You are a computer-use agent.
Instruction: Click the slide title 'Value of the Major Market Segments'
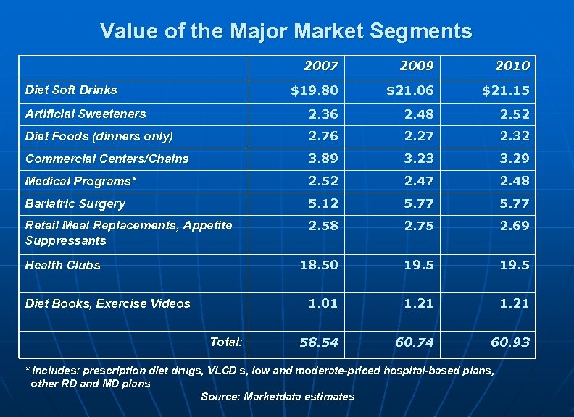(x=286, y=31)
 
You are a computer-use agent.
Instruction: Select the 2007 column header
(x=321, y=66)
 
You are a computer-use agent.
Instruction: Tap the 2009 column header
(x=417, y=66)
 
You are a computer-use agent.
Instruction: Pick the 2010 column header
(x=512, y=66)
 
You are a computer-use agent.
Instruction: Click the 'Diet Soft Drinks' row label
(x=71, y=90)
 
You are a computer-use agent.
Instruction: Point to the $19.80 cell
(x=314, y=90)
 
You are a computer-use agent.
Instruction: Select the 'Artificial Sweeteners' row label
(x=86, y=114)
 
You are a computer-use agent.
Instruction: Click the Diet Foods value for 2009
(x=419, y=136)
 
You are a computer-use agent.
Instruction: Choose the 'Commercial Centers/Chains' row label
(x=107, y=159)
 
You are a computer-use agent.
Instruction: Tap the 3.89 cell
(x=323, y=159)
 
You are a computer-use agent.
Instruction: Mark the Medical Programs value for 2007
(x=323, y=181)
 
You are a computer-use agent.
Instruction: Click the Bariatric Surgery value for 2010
(x=515, y=203)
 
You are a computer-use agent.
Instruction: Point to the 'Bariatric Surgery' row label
(x=75, y=204)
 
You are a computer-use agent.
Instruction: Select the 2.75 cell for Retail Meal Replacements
(x=419, y=226)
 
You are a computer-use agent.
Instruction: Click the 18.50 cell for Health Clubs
(x=320, y=265)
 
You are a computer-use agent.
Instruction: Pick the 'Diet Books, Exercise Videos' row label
(x=107, y=303)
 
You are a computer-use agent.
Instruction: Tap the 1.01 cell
(x=323, y=303)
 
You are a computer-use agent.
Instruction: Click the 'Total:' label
(x=226, y=341)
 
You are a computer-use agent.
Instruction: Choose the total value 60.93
(x=510, y=342)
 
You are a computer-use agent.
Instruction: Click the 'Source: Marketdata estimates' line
(x=278, y=397)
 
